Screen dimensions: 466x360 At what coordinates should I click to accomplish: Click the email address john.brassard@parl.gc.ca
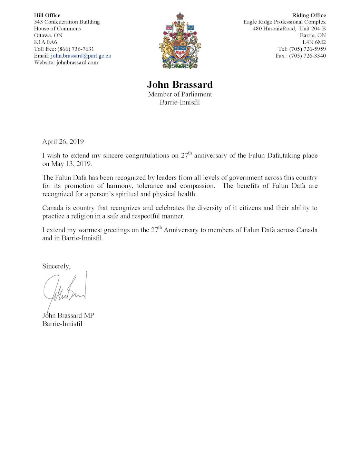pos(81,56)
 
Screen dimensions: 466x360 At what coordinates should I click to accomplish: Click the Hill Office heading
pos(47,15)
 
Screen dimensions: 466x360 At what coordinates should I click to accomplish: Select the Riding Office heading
pos(309,15)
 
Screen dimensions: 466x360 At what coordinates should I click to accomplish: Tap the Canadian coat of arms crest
pos(180,41)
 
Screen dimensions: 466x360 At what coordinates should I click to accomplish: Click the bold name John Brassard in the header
pos(180,85)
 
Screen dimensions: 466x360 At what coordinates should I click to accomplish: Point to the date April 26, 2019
pos(63,142)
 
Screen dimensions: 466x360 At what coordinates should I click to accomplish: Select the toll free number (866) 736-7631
pos(76,49)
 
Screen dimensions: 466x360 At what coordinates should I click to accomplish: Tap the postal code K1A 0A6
pos(46,42)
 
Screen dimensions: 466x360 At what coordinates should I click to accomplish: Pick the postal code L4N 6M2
pos(314,42)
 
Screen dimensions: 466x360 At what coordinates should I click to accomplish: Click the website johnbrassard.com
pos(77,62)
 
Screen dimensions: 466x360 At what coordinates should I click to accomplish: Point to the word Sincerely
pos(56,266)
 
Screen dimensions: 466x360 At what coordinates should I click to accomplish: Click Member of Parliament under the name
pos(180,94)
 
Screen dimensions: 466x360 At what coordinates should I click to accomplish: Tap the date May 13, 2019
pos(71,164)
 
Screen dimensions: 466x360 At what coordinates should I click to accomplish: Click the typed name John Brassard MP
pos(68,315)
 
